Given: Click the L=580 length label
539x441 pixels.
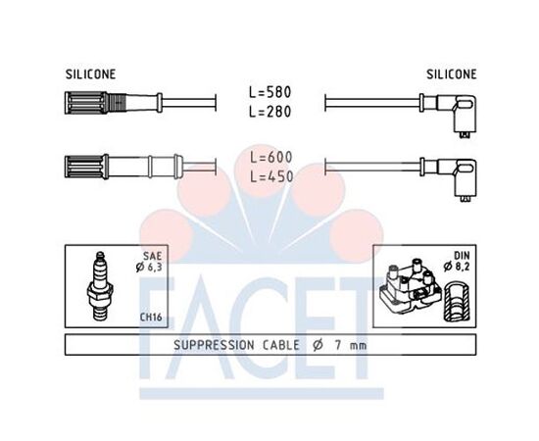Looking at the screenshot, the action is click(270, 92).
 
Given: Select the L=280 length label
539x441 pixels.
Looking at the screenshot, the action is click(270, 112).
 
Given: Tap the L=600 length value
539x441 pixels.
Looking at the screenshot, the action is click(271, 158).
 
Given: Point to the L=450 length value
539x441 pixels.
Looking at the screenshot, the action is click(271, 176).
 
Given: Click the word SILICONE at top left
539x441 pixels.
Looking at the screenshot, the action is click(91, 74).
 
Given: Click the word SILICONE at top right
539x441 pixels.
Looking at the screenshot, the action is click(452, 74).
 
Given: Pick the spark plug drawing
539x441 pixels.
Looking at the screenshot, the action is click(100, 286).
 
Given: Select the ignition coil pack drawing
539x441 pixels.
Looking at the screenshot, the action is click(411, 286).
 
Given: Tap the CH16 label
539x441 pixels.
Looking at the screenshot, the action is click(151, 317).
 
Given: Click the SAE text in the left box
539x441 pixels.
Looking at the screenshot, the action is click(152, 256).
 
